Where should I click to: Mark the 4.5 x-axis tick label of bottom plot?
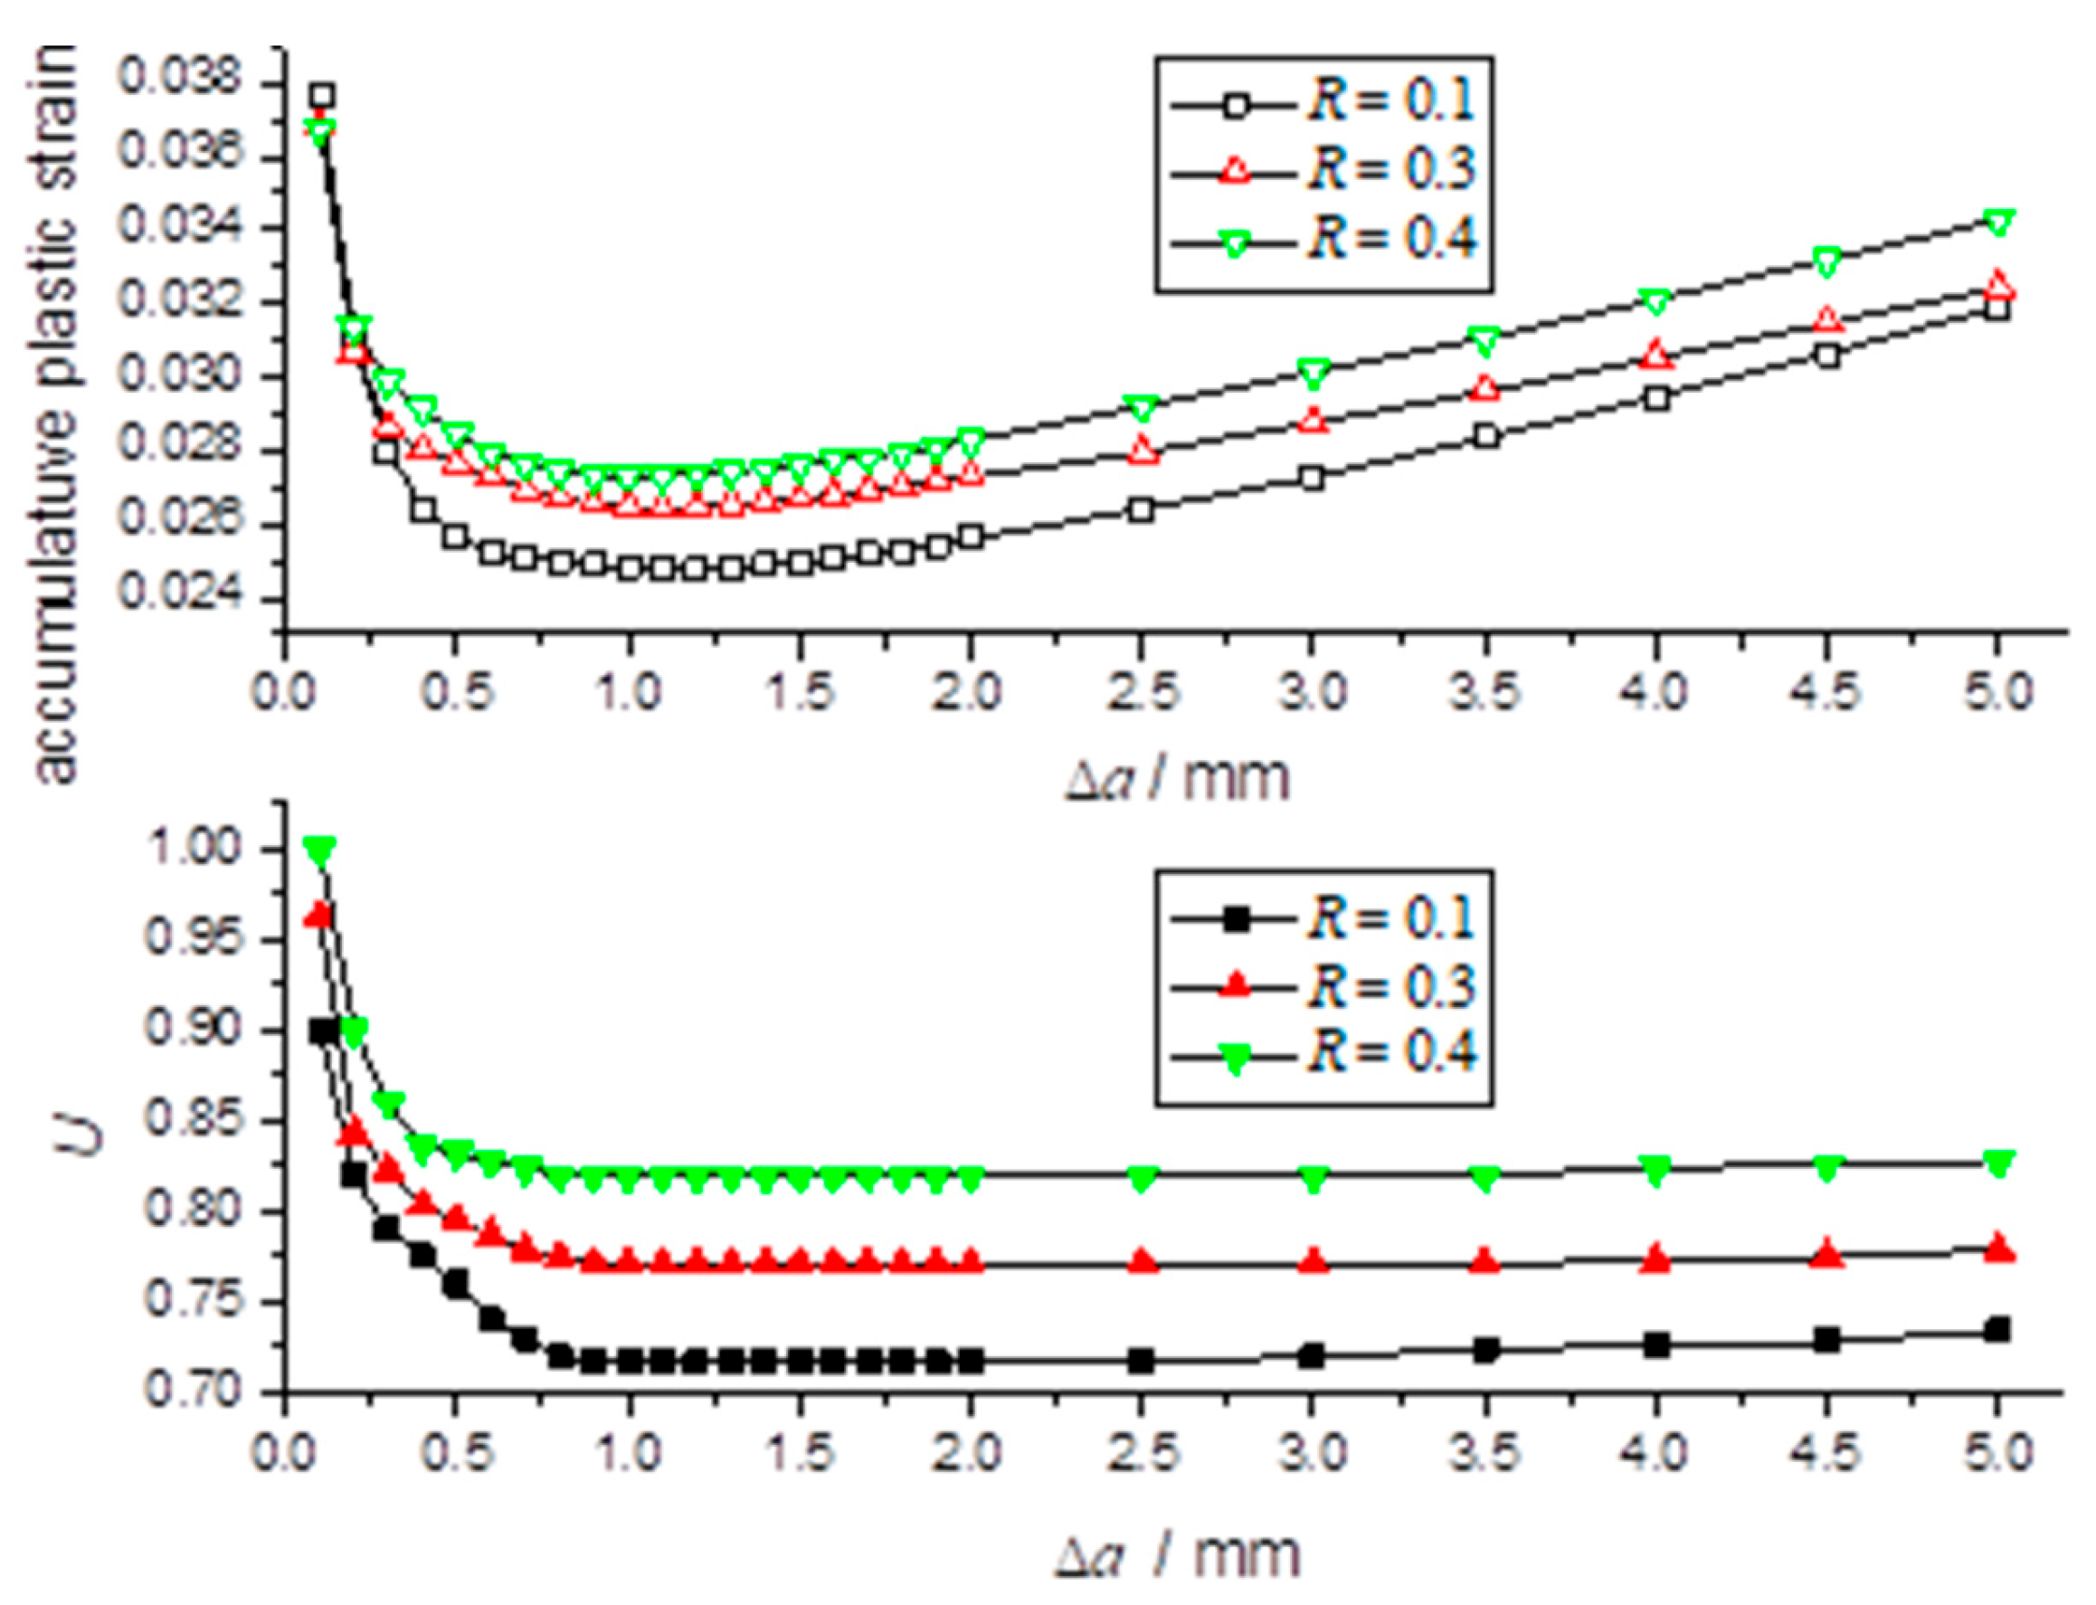(1826, 1453)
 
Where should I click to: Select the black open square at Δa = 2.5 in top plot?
(1142, 510)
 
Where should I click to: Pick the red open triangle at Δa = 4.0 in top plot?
(1656, 355)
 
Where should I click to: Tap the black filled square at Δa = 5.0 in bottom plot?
(1996, 1329)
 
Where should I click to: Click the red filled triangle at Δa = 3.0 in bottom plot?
(1314, 1261)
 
